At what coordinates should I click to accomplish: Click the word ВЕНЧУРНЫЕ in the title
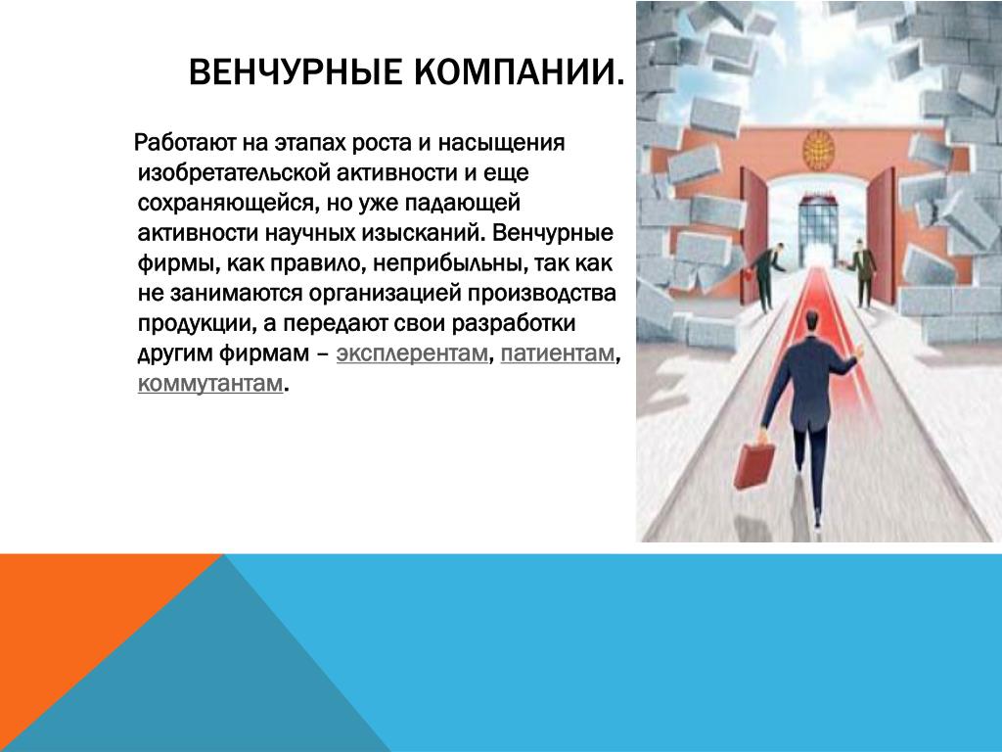[296, 71]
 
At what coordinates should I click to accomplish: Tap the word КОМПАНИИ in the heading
[511, 71]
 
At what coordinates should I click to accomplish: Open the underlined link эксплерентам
[412, 353]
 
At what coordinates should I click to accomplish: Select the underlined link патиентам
[557, 353]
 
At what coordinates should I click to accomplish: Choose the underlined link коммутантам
[210, 383]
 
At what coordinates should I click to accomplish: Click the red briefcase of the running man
[754, 463]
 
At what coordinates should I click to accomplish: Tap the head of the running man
[811, 320]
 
